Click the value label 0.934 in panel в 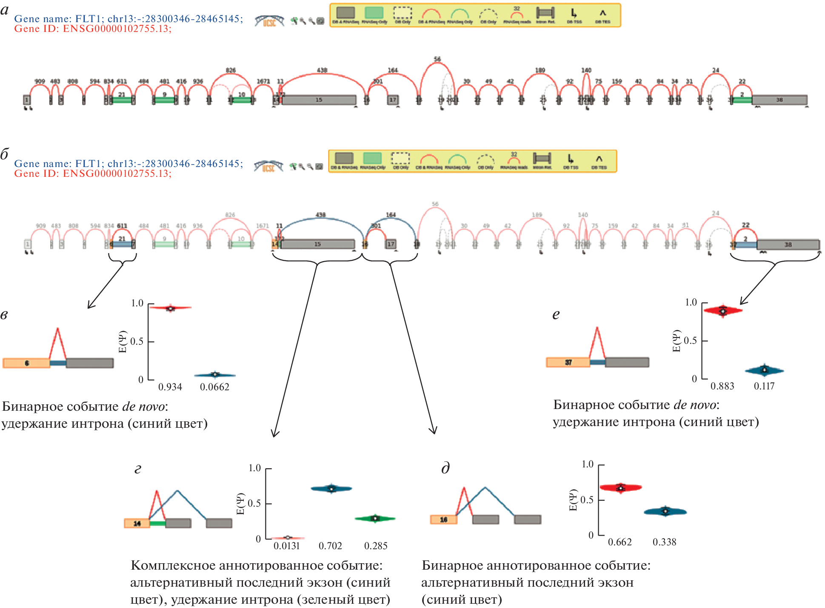pos(170,387)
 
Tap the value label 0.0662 pos(214,387)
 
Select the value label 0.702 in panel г pos(330,546)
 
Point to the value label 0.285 pos(376,546)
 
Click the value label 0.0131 pos(286,546)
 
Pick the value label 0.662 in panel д pos(619,542)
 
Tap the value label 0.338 pos(664,542)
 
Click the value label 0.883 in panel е pos(722,386)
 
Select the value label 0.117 pos(764,386)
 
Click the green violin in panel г pos(375,519)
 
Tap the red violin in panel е pos(722,311)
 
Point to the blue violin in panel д pos(665,511)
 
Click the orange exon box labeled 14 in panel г pos(137,523)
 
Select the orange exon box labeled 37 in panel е pos(568,362)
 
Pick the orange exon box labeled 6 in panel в pos(26,363)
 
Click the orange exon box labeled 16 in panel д pos(443,519)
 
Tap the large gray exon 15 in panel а pos(319,100)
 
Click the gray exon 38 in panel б pos(788,245)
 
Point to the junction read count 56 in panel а pos(437,59)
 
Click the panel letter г pos(138,469)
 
